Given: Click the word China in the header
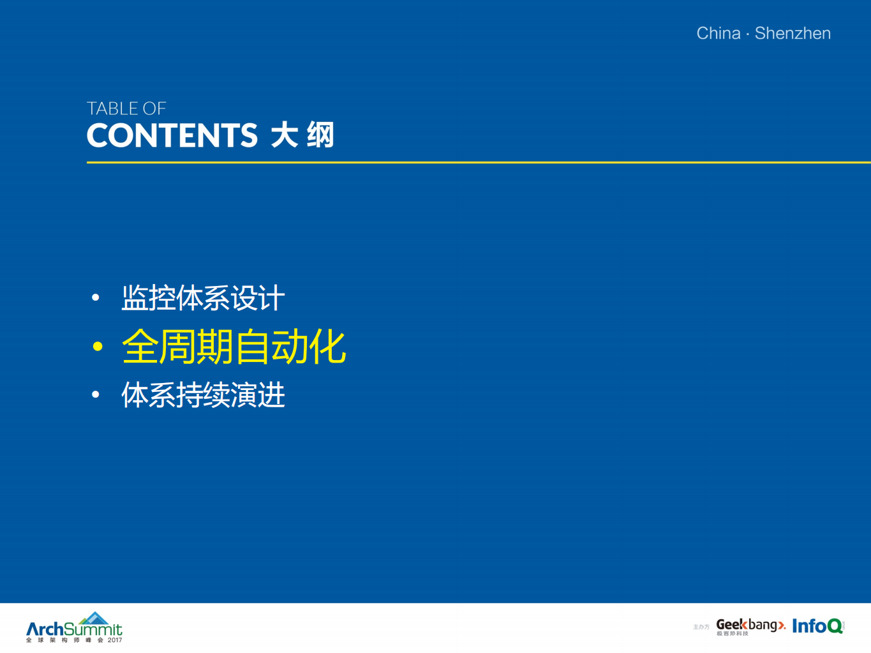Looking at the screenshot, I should (x=718, y=33).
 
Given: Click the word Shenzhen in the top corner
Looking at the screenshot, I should (x=793, y=33).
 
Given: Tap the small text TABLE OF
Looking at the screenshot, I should (x=126, y=109).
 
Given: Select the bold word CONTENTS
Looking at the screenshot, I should (x=172, y=136).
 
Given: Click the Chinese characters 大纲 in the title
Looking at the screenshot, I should (x=302, y=136).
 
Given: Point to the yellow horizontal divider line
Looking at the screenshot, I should (x=479, y=162).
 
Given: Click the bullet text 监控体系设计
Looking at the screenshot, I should (x=203, y=298).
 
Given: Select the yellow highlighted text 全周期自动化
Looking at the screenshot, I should (x=234, y=347).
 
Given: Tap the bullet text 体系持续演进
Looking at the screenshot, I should (x=203, y=395).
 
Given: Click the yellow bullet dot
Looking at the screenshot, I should (x=98, y=347).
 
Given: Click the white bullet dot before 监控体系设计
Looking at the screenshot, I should (x=96, y=297).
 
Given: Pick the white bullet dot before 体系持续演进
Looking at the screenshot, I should (x=96, y=395).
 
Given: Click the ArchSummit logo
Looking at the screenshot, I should (x=74, y=629).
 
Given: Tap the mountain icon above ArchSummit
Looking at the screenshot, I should (x=95, y=618).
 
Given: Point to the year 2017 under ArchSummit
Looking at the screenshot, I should (x=115, y=640).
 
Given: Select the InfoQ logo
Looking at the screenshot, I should (x=817, y=626).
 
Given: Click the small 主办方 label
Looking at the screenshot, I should (x=701, y=627).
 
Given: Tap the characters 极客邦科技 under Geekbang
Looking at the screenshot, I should (x=732, y=634).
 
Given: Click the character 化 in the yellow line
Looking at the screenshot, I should (x=327, y=347).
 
